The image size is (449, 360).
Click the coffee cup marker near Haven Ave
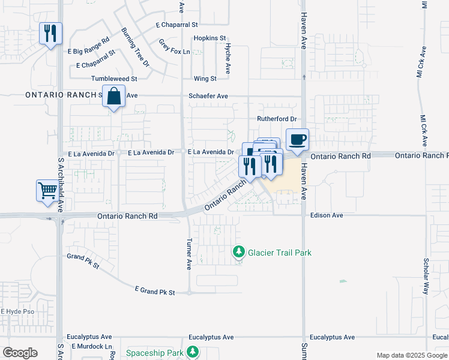[297, 140]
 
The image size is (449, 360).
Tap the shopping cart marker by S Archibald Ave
[47, 191]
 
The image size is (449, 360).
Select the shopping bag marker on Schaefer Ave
[113, 97]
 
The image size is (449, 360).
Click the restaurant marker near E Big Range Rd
[50, 33]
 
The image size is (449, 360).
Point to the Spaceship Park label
[154, 352]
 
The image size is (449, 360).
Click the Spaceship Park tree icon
[193, 352]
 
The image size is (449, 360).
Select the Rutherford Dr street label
[277, 119]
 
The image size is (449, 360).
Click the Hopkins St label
[209, 38]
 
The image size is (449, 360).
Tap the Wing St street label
[205, 79]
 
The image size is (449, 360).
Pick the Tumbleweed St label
[114, 79]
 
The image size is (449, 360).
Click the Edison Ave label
[327, 215]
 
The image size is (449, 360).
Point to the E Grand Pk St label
[155, 291]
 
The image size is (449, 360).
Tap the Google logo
[20, 353]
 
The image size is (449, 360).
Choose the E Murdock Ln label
[92, 347]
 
